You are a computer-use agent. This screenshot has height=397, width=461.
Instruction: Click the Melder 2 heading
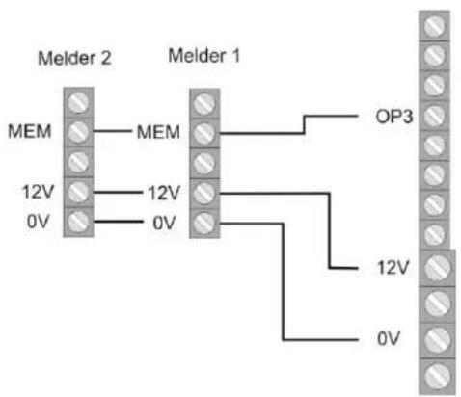(74, 58)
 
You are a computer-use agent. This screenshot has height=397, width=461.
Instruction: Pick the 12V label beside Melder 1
(161, 193)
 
